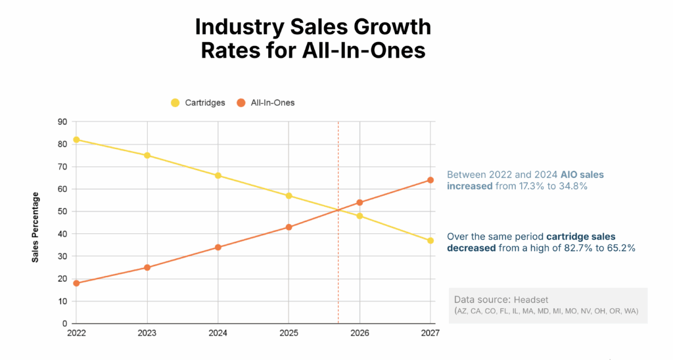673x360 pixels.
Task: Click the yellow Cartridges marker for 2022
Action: pos(76,139)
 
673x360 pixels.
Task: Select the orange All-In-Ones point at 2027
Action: pos(430,180)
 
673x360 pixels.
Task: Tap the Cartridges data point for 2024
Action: pos(218,175)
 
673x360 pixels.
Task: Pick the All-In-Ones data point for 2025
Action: pos(289,227)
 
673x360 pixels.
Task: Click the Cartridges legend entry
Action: pos(198,102)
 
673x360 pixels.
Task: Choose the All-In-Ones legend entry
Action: pos(266,102)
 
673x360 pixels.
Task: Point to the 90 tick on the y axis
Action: pos(63,122)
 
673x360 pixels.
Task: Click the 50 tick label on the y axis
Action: pos(63,212)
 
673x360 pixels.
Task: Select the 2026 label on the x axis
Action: pos(360,333)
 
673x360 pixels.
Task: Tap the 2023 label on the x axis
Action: pos(147,333)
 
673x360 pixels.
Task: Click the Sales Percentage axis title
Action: pos(35,227)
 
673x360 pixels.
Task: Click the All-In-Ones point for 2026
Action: pos(360,202)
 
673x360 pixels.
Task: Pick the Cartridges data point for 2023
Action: pos(147,156)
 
